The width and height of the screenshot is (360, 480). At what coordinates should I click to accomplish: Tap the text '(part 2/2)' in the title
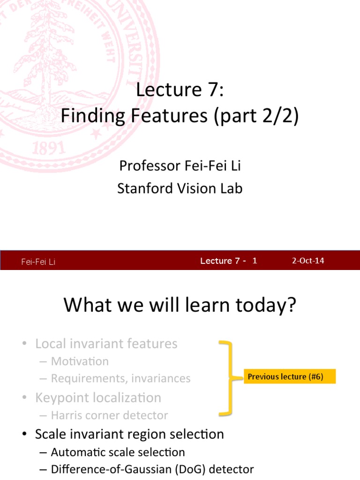(255, 117)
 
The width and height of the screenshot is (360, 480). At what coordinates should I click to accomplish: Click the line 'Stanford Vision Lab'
(180, 188)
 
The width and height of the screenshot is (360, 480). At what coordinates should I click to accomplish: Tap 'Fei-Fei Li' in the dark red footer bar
(38, 262)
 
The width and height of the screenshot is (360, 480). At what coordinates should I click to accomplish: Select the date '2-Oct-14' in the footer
(308, 261)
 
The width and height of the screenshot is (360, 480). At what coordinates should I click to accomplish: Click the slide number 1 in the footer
(255, 261)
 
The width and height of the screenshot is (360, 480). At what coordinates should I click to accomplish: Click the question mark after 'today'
(292, 306)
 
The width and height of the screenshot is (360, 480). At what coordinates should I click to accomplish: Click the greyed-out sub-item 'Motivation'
(80, 361)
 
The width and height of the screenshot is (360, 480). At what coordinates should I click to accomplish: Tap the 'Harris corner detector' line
(109, 415)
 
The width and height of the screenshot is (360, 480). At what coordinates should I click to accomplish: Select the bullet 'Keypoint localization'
(98, 397)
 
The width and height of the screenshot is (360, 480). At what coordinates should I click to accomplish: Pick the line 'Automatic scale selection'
(118, 452)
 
